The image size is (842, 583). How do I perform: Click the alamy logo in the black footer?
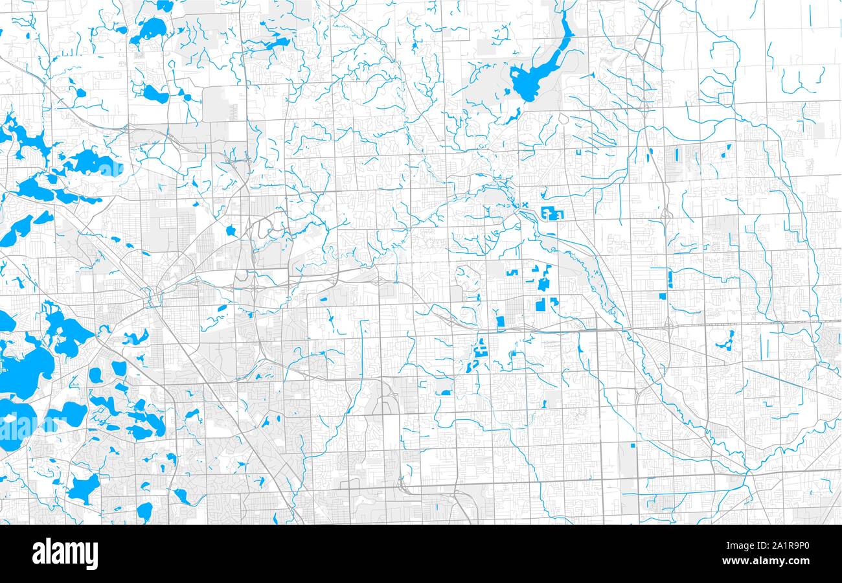pyautogui.click(x=65, y=554)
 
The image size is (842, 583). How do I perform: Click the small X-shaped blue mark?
pyautogui.click(x=525, y=205)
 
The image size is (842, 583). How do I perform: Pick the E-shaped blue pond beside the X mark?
pyautogui.click(x=552, y=212)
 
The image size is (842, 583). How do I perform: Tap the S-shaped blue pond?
pyautogui.click(x=480, y=354)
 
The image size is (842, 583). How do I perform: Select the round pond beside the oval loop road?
pyautogui.click(x=231, y=231)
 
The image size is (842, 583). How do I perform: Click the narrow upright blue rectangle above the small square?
pyautogui.click(x=670, y=279)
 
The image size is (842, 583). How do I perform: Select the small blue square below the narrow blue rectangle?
pyautogui.click(x=662, y=296)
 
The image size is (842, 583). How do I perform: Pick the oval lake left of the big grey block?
pyautogui.click(x=155, y=95)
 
